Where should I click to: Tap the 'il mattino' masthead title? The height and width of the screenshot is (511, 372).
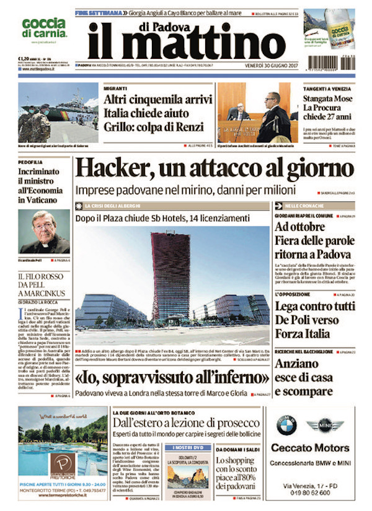186,41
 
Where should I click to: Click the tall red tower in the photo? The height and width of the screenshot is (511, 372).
170,276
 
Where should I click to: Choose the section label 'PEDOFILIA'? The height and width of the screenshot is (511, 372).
30,159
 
